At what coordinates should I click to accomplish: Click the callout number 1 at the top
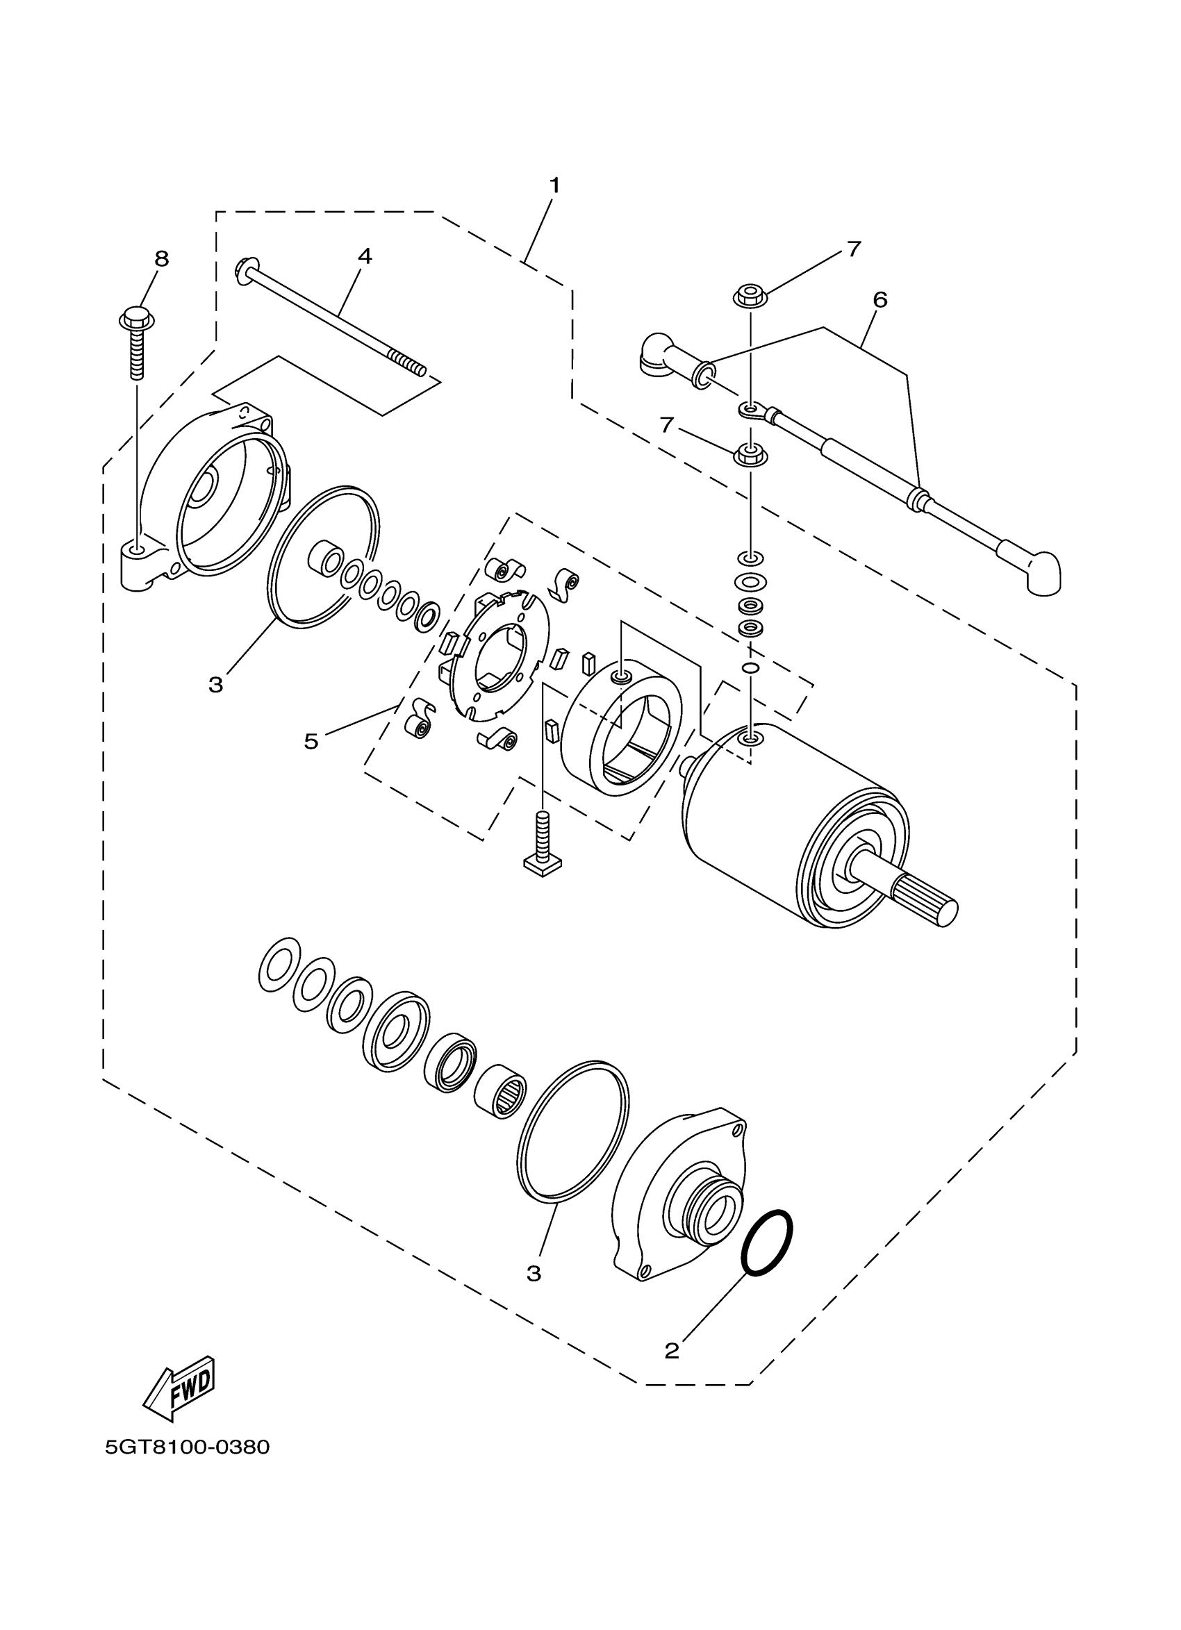(x=554, y=185)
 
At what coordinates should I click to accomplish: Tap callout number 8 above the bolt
(x=162, y=258)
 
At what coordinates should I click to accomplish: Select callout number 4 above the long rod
(x=365, y=256)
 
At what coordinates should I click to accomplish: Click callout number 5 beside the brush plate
(x=311, y=741)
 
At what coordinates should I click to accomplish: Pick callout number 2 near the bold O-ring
(x=671, y=1350)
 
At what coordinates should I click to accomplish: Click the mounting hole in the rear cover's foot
(x=138, y=552)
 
